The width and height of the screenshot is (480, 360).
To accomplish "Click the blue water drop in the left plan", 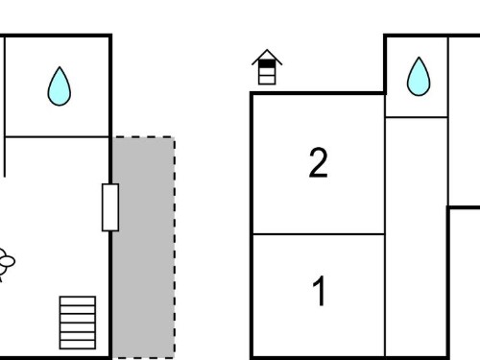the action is (60, 87).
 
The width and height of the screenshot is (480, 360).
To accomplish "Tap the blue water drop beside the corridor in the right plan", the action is (419, 78).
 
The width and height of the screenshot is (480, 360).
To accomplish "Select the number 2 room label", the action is (319, 162).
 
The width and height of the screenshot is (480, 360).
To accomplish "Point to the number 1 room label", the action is (319, 291).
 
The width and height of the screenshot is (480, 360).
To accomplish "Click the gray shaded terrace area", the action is (143, 248).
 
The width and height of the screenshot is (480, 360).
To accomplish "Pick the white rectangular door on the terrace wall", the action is (110, 207).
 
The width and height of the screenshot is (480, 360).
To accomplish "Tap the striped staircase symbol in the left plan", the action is (78, 323).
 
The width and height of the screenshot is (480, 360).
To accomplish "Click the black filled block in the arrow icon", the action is (267, 64).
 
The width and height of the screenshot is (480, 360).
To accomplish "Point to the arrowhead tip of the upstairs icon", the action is (267, 50).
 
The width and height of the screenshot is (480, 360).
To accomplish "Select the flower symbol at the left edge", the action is (5, 262).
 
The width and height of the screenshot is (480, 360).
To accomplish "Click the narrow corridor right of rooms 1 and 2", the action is (416, 237).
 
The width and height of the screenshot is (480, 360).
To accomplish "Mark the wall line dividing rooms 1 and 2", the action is (319, 234).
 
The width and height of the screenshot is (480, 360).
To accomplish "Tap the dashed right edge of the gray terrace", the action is (175, 248).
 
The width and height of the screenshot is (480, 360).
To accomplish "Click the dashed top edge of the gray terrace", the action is (143, 137).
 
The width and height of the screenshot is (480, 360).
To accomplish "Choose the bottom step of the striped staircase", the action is (78, 345).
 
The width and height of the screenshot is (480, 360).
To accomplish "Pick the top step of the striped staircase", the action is (78, 300).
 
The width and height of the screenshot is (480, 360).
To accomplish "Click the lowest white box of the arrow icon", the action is (267, 80).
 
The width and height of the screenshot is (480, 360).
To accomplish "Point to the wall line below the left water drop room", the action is (57, 137).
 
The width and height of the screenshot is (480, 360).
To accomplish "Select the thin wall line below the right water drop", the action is (417, 117).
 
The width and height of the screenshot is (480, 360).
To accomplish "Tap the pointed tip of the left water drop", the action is (60, 67).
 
